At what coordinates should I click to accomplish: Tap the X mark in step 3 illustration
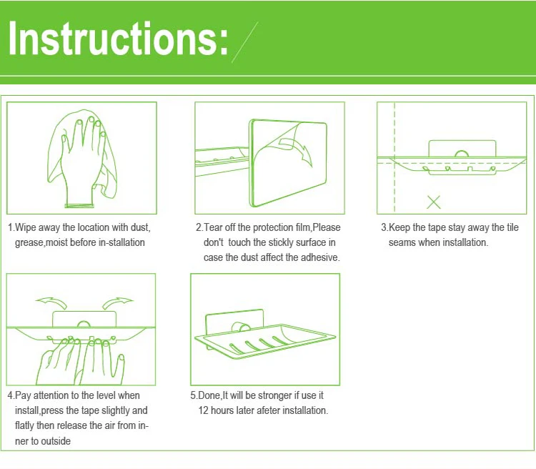tap(434, 202)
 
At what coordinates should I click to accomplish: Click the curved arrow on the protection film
tap(297, 151)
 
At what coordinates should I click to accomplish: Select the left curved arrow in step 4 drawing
tap(51, 303)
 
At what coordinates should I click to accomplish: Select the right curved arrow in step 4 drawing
tap(117, 303)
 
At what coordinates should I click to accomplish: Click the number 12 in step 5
tap(203, 410)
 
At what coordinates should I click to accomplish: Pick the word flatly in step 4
tap(24, 426)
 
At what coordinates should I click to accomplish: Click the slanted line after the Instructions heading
tap(244, 42)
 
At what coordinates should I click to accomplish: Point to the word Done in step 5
tap(209, 395)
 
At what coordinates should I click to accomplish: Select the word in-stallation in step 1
tap(121, 242)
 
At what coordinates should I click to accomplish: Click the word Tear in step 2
tap(213, 227)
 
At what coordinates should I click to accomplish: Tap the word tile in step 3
tap(512, 227)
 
